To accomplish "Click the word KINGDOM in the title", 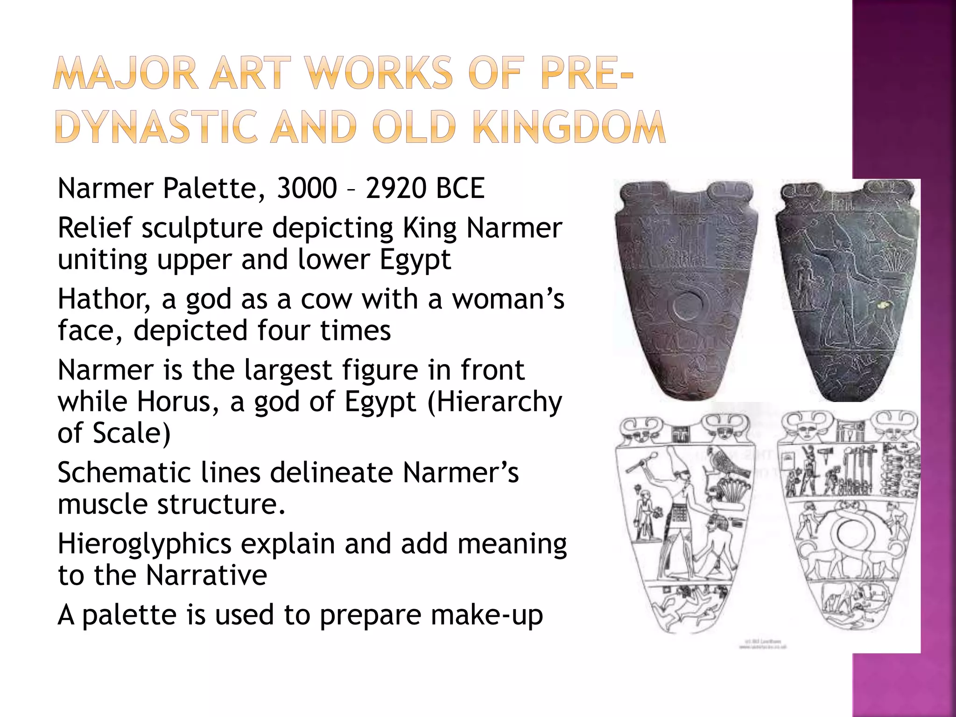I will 569,127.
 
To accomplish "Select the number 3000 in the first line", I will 307,188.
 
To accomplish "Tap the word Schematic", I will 124,472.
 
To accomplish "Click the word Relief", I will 95,228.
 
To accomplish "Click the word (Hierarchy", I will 495,401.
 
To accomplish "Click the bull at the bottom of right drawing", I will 840,602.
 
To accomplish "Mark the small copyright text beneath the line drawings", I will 763,644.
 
